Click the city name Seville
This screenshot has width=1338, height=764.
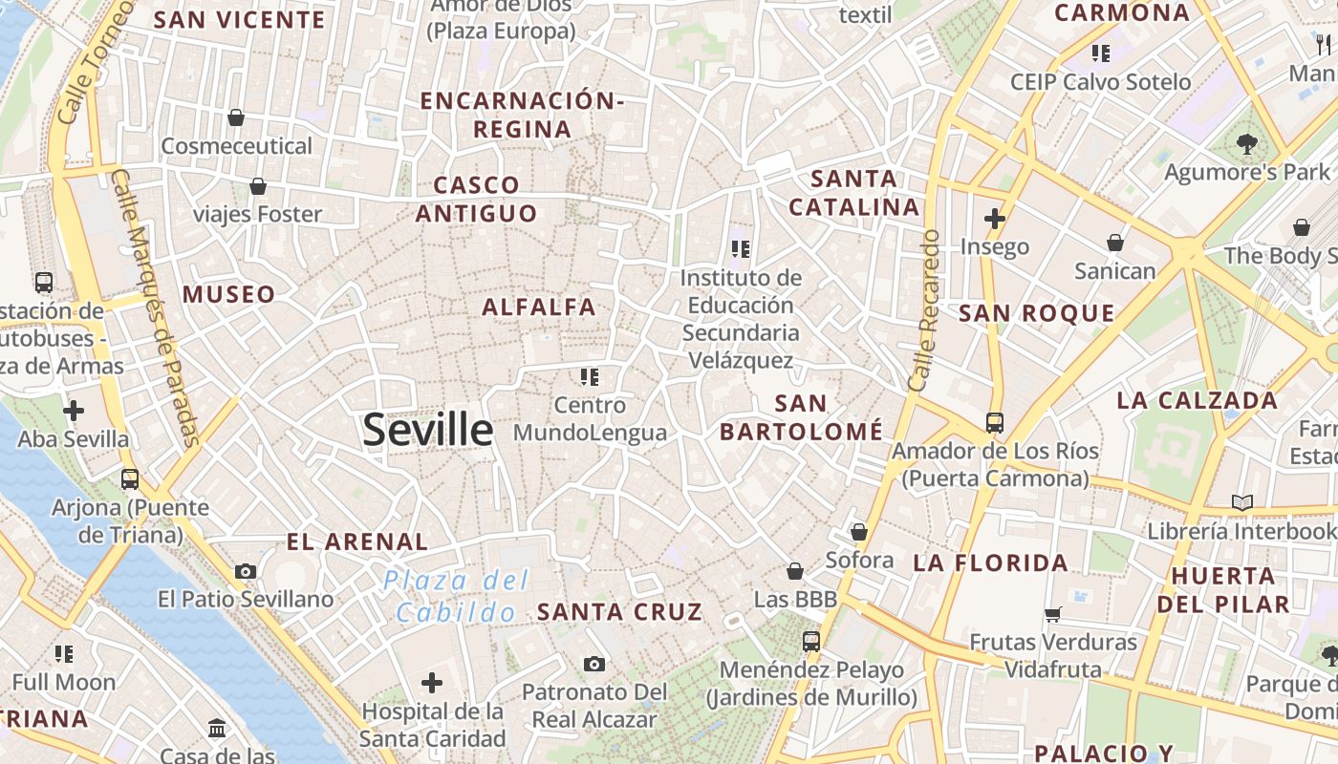(x=427, y=431)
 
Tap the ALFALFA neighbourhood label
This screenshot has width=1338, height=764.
(x=539, y=307)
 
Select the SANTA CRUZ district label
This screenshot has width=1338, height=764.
(x=619, y=612)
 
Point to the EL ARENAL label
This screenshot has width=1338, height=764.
(x=357, y=541)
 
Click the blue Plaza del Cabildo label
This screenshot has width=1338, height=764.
(x=457, y=596)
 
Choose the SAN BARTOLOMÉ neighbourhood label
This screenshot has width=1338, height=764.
(x=801, y=417)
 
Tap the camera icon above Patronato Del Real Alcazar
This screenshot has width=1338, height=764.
(x=594, y=664)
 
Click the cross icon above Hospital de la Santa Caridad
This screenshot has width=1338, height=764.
(x=432, y=683)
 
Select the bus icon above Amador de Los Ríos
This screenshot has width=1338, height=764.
(x=995, y=422)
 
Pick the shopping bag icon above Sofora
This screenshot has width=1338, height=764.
(x=859, y=532)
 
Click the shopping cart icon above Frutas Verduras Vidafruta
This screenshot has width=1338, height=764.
(x=1053, y=614)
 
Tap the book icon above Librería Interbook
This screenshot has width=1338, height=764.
(x=1242, y=502)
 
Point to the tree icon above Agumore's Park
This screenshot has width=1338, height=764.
(x=1246, y=144)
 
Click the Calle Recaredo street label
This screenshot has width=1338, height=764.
(x=924, y=310)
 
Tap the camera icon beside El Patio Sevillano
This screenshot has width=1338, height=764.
(x=246, y=571)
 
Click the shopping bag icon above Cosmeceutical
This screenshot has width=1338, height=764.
(x=236, y=117)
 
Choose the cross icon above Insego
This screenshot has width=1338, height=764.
(x=995, y=219)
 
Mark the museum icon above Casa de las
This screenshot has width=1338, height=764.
(x=217, y=729)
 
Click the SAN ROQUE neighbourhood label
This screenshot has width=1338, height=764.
(x=1036, y=313)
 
